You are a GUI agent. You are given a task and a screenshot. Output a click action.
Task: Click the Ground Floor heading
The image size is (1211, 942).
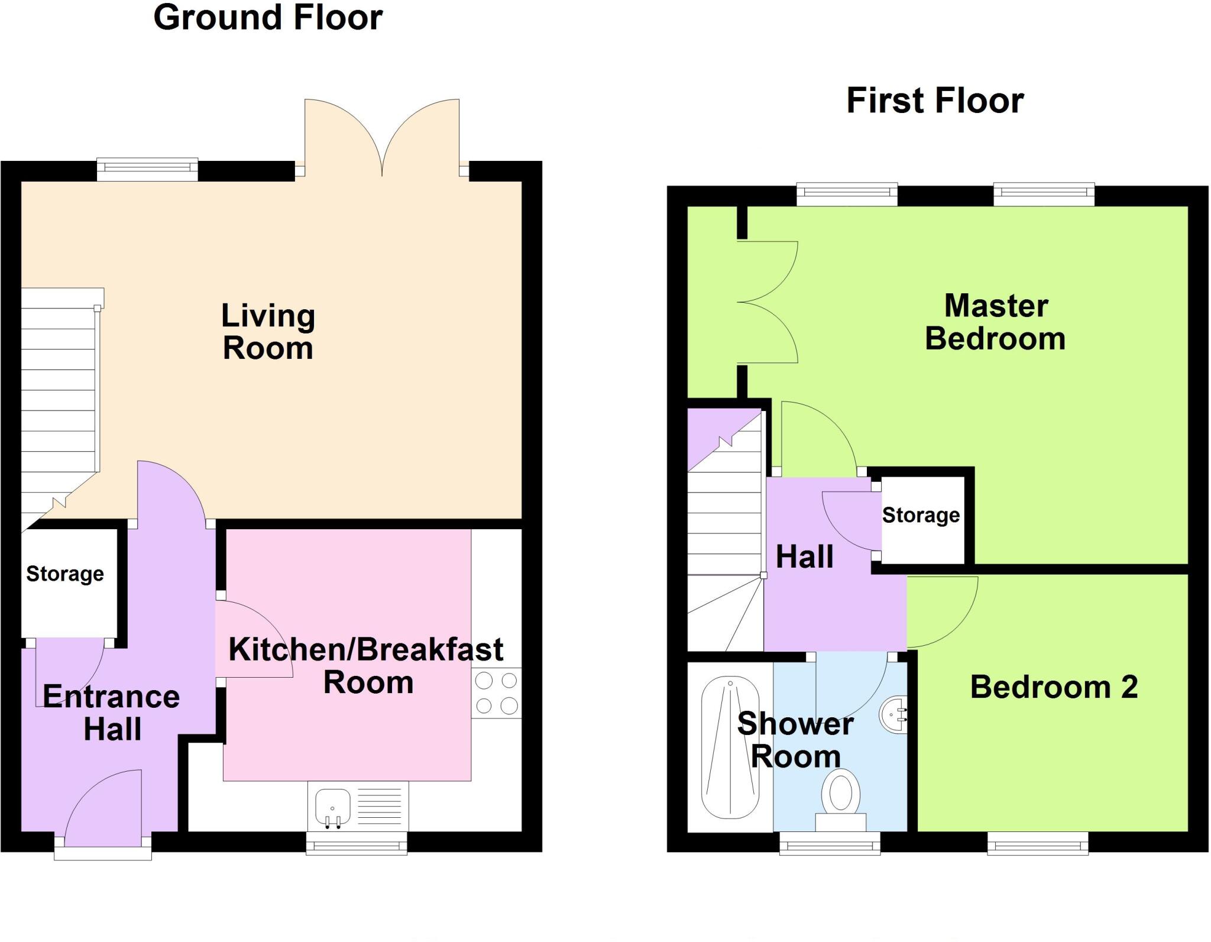click(x=268, y=18)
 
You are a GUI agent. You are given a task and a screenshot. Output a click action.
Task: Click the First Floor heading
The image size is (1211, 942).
click(x=935, y=101)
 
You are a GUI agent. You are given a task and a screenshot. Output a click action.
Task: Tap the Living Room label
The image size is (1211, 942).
click(x=268, y=331)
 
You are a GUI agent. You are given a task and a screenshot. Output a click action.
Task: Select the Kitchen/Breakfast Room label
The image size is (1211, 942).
click(x=366, y=666)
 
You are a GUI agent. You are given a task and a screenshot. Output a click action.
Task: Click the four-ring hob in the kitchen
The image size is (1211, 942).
click(x=496, y=693)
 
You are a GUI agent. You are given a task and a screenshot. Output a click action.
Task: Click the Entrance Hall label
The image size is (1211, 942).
click(x=111, y=713)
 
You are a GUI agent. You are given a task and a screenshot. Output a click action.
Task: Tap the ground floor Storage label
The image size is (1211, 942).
click(x=65, y=574)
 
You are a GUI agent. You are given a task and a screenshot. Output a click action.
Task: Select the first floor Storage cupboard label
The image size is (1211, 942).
click(x=921, y=515)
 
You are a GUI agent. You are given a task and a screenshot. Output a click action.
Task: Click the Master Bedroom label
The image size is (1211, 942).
click(x=996, y=322)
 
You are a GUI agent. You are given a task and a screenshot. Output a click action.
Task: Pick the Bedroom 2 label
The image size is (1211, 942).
click(x=1054, y=687)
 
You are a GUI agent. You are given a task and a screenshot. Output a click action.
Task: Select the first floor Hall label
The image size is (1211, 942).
click(x=804, y=556)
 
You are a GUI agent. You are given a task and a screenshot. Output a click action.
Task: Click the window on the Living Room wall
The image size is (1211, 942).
click(x=147, y=169)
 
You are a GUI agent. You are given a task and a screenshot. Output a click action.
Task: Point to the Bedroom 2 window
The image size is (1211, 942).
click(x=1038, y=843)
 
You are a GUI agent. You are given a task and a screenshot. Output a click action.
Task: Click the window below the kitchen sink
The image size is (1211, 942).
click(x=357, y=843)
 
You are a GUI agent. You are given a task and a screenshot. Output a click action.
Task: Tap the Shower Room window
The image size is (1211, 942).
click(x=830, y=843)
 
